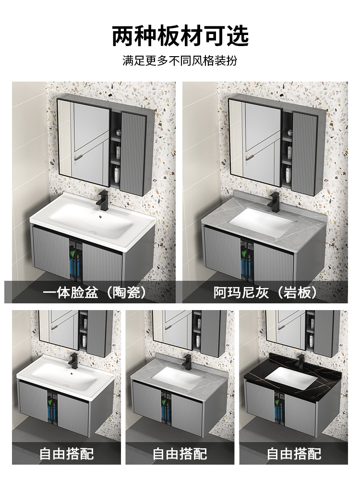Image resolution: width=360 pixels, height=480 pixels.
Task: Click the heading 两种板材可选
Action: point(180,36)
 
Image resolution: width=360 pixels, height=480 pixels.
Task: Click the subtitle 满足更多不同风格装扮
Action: point(180,61)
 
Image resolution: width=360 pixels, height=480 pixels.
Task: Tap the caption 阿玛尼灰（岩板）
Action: point(265,292)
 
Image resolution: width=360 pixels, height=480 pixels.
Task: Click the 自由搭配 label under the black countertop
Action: point(294,453)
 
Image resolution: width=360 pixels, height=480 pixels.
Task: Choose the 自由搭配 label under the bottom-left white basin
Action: point(66,453)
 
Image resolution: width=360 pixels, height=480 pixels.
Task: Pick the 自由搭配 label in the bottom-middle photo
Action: point(180,453)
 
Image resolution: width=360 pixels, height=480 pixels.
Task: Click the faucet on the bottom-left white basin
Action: point(73,361)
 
